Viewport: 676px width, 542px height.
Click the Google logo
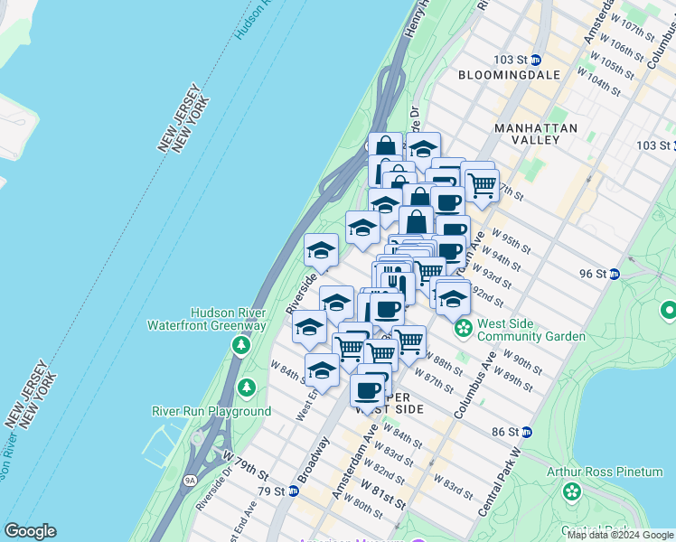click(31, 531)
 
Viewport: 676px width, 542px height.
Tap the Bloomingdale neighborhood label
click(504, 75)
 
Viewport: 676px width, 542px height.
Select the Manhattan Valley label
click(536, 135)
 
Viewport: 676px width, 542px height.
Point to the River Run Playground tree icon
click(247, 388)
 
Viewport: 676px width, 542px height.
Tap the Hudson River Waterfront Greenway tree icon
click(240, 344)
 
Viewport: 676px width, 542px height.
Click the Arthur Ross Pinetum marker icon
click(571, 492)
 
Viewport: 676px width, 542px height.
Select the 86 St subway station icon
click(527, 433)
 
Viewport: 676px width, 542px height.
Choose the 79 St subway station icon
click(293, 491)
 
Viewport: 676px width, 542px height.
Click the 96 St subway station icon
click(615, 274)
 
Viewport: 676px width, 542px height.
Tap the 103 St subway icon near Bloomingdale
click(535, 60)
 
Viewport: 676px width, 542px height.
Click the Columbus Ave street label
click(475, 387)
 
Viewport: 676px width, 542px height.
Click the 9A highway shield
click(189, 480)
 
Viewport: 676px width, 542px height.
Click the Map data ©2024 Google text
click(620, 535)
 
